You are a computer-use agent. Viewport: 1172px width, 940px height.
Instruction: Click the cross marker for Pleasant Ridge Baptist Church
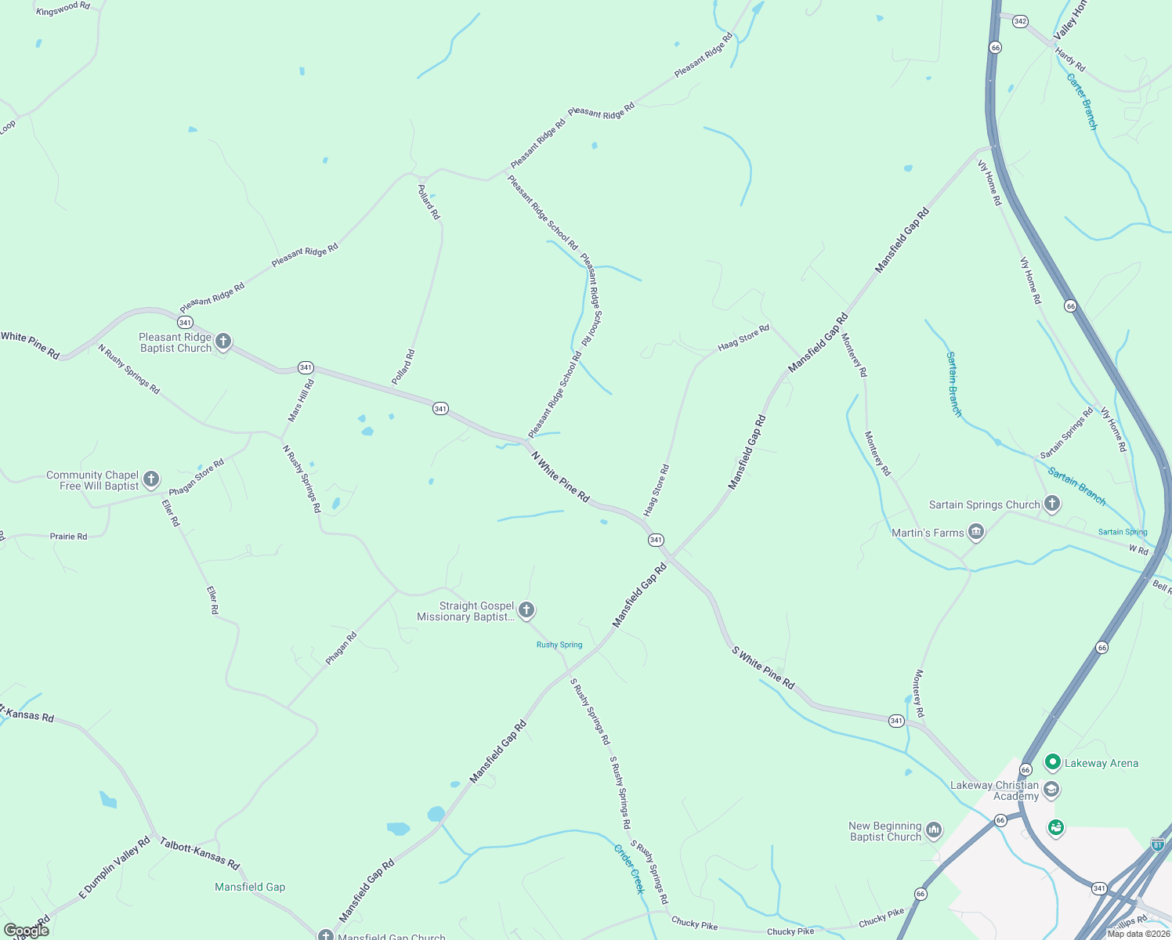tap(223, 342)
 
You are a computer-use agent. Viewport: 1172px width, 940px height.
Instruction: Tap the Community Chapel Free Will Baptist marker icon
tap(151, 479)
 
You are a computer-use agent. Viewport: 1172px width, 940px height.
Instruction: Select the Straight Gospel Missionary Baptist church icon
tap(526, 610)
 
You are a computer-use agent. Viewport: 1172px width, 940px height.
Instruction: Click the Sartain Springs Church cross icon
tap(1052, 504)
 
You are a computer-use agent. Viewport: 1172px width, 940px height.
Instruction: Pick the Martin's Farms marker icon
tap(976, 533)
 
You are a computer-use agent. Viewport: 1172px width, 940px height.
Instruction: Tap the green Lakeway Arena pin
tap(1053, 762)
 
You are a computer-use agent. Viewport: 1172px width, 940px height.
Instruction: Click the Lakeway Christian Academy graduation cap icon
tap(1051, 790)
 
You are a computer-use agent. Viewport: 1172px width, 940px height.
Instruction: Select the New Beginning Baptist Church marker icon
tap(933, 830)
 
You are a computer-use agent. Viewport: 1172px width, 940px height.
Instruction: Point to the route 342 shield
tap(1020, 21)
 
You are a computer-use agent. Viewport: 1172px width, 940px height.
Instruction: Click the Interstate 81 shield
tap(1158, 844)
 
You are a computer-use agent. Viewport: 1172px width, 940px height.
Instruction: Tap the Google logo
tap(27, 931)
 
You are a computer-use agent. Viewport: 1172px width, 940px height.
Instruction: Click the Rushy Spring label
tap(559, 645)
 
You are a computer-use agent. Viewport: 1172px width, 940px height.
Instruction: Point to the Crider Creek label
tap(629, 869)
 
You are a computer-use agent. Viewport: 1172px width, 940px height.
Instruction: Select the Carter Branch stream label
tap(1082, 102)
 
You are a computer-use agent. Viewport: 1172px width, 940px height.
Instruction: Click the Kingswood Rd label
tap(63, 9)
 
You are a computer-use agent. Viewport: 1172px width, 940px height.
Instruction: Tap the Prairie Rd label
tap(69, 537)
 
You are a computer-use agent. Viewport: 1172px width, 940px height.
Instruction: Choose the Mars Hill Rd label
tap(301, 400)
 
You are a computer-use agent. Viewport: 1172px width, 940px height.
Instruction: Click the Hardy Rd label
tap(1070, 60)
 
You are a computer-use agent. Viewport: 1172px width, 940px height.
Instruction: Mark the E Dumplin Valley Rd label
tap(114, 868)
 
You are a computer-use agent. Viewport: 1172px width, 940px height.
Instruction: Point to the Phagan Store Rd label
tap(197, 477)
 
